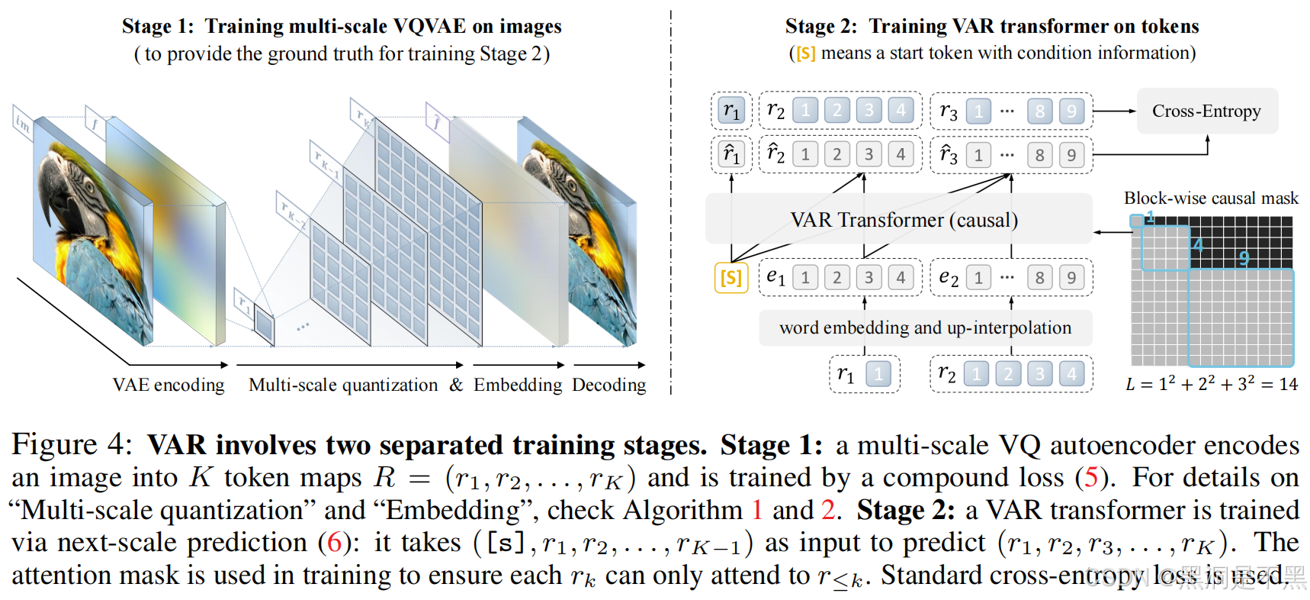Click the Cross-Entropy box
coord(1206,111)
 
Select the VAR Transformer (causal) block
coord(904,220)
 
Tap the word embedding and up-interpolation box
coord(925,328)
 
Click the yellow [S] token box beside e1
coord(730,277)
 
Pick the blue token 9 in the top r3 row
coord(1071,111)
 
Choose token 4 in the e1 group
coord(901,277)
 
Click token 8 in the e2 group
coord(1039,277)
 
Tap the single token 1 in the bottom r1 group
coord(878,374)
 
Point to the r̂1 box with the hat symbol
coord(731,155)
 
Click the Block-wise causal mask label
coord(1211,198)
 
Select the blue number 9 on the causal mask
coord(1244,258)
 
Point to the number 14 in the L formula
coord(1288,384)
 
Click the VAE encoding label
coord(169,385)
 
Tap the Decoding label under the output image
coord(608,385)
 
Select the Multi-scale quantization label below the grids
coord(343,385)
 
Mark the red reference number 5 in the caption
coord(1090,478)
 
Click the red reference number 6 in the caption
coord(334,543)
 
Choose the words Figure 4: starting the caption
coord(72,445)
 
